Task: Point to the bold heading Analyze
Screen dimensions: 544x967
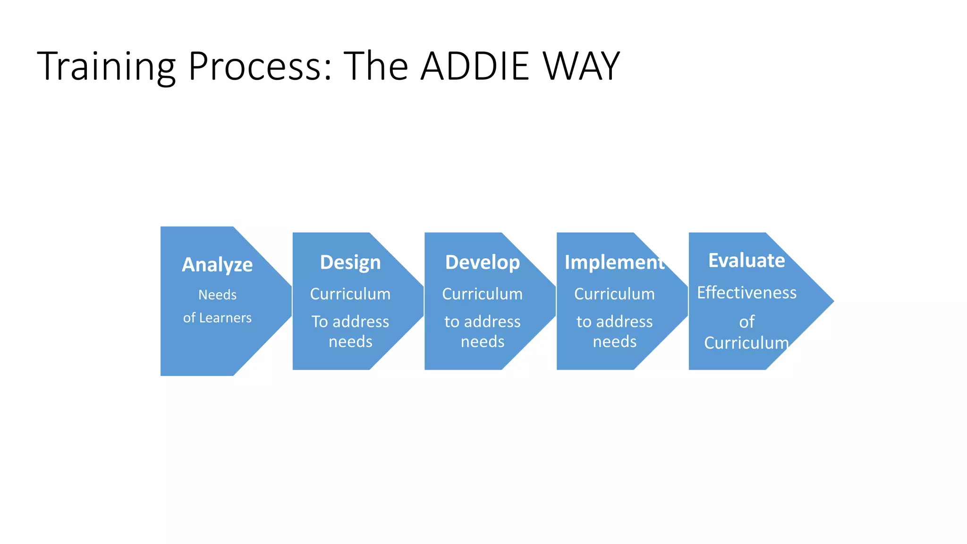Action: coord(217,264)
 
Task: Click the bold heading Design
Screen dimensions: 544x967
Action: coord(350,262)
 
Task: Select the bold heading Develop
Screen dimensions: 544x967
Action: coord(483,262)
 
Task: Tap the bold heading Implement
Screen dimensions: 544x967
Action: coord(614,262)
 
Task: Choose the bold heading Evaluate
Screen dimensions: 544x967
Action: coord(746,260)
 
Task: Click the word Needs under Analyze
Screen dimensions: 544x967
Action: coord(217,295)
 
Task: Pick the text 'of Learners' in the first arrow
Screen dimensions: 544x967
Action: coord(217,318)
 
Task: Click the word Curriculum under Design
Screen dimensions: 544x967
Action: coord(350,294)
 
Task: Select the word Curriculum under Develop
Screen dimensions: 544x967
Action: coord(483,294)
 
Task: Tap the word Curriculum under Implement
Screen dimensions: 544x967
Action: coord(614,294)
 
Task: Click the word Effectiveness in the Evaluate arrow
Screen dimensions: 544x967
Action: coord(746,292)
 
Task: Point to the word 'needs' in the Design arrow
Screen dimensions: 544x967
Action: coord(350,341)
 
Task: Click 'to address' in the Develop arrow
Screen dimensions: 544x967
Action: coord(483,322)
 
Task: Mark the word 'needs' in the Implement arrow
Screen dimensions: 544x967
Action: coord(614,341)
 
